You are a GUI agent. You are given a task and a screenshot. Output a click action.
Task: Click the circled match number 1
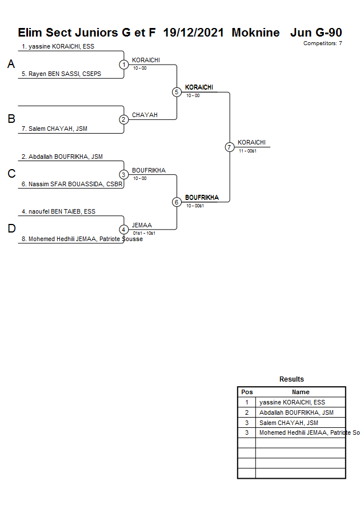pos(123,65)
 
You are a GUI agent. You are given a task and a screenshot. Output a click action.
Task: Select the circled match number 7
pos(229,147)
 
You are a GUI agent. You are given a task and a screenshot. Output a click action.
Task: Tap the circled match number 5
pos(177,92)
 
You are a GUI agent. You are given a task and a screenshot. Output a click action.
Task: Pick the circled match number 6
pos(177,202)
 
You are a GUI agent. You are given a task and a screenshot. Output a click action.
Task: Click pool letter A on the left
pos(11,65)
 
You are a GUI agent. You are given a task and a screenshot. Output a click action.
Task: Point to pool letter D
pos(11,229)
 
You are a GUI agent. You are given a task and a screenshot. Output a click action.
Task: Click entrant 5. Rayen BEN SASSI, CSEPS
pos(61,74)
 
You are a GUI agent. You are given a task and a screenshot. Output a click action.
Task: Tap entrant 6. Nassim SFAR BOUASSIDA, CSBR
pos(73,184)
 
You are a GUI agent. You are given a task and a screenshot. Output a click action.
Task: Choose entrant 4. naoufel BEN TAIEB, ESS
pos(58,211)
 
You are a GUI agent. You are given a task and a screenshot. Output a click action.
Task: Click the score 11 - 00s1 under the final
pos(247,151)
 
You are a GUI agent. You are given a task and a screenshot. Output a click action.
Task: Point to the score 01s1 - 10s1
pos(145,233)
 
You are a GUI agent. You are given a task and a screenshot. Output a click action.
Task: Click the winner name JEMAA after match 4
pos(141,226)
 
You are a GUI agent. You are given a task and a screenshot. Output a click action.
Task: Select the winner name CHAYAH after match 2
pos(145,115)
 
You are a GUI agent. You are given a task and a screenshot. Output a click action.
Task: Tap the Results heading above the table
pos(291,379)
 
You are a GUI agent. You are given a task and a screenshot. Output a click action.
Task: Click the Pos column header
pos(247,392)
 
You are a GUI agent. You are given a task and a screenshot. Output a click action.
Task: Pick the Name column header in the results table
pos(301,392)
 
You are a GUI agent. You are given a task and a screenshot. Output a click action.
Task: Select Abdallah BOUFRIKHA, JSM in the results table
pos(296,412)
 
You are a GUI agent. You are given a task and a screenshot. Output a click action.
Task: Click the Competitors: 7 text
pos(323,43)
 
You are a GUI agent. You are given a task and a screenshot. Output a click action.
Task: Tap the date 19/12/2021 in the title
pos(194,33)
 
